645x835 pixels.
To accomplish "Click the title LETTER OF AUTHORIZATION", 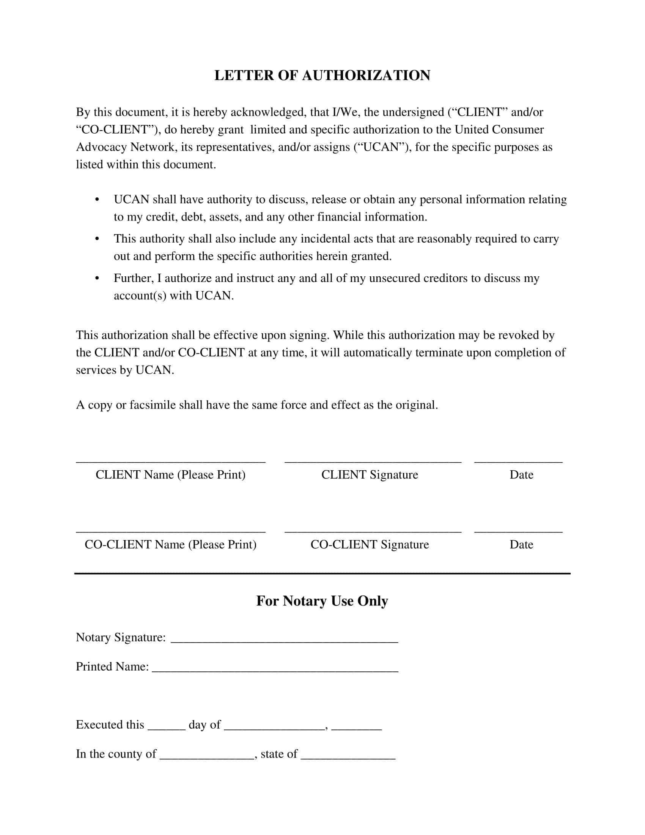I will coord(322,75).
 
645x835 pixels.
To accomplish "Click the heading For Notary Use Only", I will coord(322,601).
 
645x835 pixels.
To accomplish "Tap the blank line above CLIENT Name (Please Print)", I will coord(170,462).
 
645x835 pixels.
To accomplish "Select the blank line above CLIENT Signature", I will coord(373,462).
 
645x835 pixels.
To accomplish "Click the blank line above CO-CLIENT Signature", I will coord(373,531).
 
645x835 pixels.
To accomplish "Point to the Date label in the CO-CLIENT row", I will coord(521,544).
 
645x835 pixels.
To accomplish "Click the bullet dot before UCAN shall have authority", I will coord(97,200).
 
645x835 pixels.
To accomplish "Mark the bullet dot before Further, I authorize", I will coord(97,278).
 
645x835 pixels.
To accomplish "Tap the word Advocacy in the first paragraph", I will coord(101,147).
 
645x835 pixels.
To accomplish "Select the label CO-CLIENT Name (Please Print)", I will coord(170,544).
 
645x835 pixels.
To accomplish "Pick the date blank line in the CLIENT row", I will coord(518,462).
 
